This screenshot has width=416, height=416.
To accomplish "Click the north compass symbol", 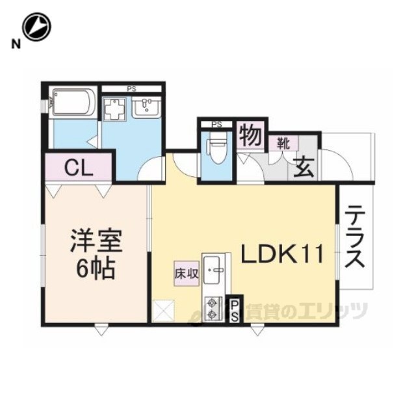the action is [36, 27].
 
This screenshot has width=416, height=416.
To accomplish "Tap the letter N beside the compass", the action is [16, 44].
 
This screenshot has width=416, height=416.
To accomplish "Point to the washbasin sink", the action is [146, 107].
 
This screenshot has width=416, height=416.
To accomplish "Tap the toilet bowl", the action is [217, 148].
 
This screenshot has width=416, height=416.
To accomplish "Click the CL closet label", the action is [79, 168].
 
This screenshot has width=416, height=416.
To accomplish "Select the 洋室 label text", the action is [96, 241].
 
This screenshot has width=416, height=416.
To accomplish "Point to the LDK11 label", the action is [282, 254].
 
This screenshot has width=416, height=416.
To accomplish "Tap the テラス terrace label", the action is [355, 237].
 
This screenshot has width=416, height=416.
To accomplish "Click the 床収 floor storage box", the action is [187, 273].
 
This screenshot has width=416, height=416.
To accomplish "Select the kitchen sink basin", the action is [214, 270].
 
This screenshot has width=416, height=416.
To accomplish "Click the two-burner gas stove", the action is [214, 309].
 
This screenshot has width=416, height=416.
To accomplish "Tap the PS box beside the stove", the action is [234, 309].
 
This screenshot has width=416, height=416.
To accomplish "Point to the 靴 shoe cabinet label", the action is [283, 144].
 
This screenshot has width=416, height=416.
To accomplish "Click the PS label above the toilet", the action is [216, 124].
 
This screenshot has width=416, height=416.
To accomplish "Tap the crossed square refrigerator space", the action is [164, 311].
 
